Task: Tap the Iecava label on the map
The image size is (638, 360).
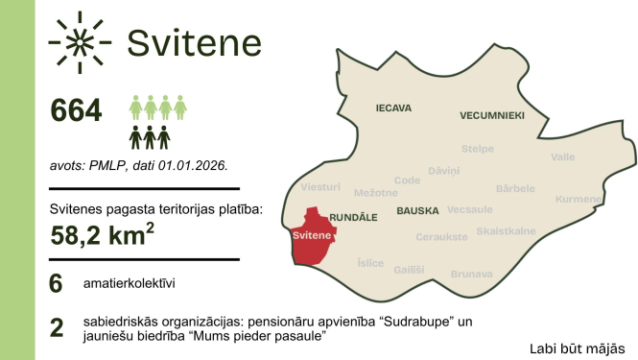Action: click(393, 108)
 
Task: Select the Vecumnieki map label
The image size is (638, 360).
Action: click(492, 115)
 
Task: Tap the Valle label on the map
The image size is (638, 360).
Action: click(563, 156)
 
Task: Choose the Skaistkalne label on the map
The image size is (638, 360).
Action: click(506, 231)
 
